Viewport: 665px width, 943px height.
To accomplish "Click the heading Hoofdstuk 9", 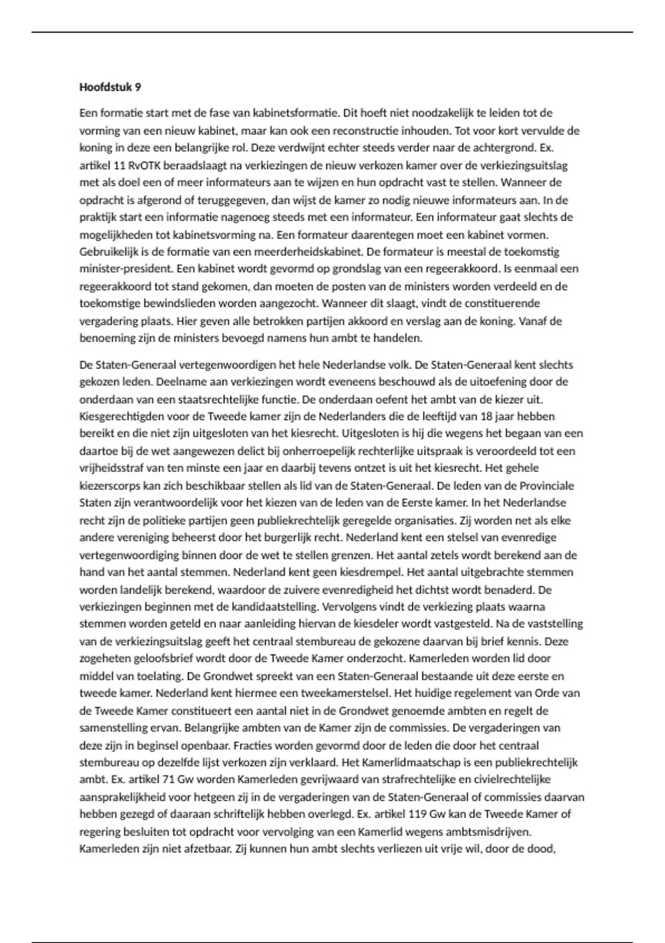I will pyautogui.click(x=110, y=87).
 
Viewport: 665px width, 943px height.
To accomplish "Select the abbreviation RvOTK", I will pyautogui.click(x=144, y=165).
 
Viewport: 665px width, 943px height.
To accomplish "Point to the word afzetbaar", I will pyautogui.click(x=210, y=849).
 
